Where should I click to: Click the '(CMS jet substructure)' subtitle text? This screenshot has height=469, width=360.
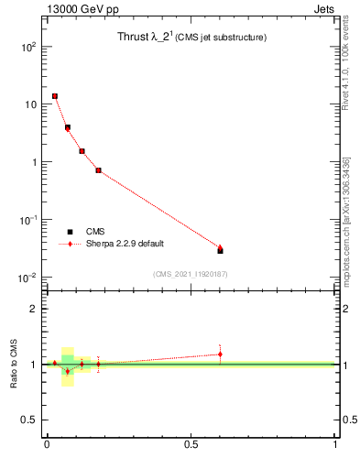click(x=221, y=38)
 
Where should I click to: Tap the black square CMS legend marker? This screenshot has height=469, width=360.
click(x=70, y=232)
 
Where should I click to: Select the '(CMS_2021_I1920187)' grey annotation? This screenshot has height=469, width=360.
click(x=190, y=274)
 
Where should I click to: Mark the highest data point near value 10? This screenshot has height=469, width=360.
click(x=55, y=96)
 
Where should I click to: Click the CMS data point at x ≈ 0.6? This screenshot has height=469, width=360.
click(x=220, y=250)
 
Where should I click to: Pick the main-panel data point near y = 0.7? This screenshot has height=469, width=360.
click(x=98, y=170)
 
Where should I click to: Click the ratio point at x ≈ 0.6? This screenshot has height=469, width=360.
click(x=220, y=354)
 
